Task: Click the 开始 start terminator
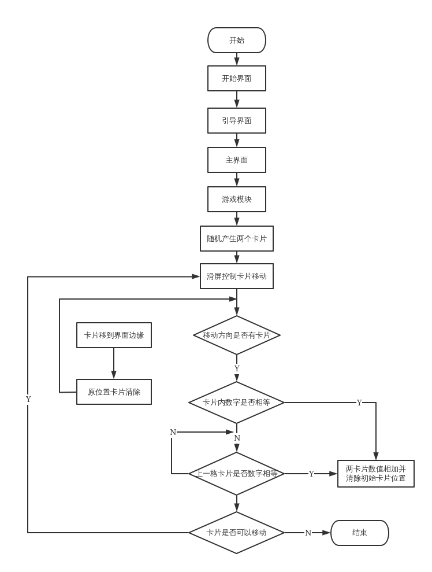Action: pos(237,40)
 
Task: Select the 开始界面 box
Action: pos(237,79)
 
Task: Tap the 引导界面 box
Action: pos(237,121)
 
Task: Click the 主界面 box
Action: pos(237,160)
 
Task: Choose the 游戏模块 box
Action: pos(237,200)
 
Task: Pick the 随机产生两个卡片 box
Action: pos(237,238)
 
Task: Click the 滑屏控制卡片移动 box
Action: pos(237,276)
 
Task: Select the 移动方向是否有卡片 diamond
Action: pos(237,335)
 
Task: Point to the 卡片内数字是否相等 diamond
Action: pos(237,403)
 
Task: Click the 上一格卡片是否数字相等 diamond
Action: pos(237,474)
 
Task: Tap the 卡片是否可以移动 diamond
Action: pos(237,533)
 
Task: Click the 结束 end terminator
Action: pos(360,533)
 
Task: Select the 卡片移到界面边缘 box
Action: pos(114,335)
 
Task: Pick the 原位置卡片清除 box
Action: pos(114,392)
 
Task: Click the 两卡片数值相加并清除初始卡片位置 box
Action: pos(376,474)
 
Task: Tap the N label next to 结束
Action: pos(308,533)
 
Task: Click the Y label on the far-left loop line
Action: pos(28,400)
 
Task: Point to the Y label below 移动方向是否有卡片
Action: pos(237,369)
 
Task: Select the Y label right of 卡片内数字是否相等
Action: pos(359,403)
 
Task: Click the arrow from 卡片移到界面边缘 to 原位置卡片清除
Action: pos(114,364)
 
